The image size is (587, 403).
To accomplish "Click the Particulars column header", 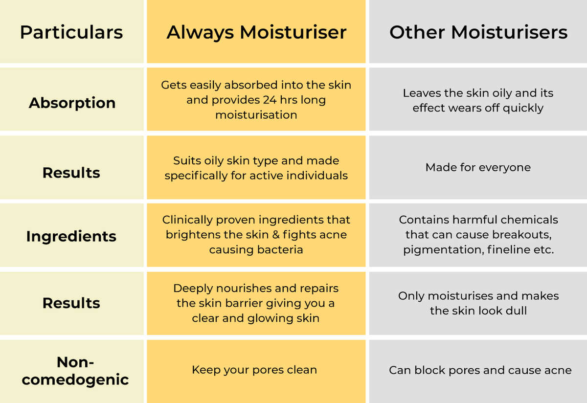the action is [71, 32].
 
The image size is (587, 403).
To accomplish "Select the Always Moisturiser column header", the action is [256, 32].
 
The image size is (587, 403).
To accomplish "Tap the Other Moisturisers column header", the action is [478, 32].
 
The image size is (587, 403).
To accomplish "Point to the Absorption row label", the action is [72, 103].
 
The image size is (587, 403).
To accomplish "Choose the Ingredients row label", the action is [71, 236].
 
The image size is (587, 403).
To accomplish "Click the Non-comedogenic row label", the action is [75, 371].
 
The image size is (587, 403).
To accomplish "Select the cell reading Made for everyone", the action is [478, 167].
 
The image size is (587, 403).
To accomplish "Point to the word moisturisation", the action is [256, 115].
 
